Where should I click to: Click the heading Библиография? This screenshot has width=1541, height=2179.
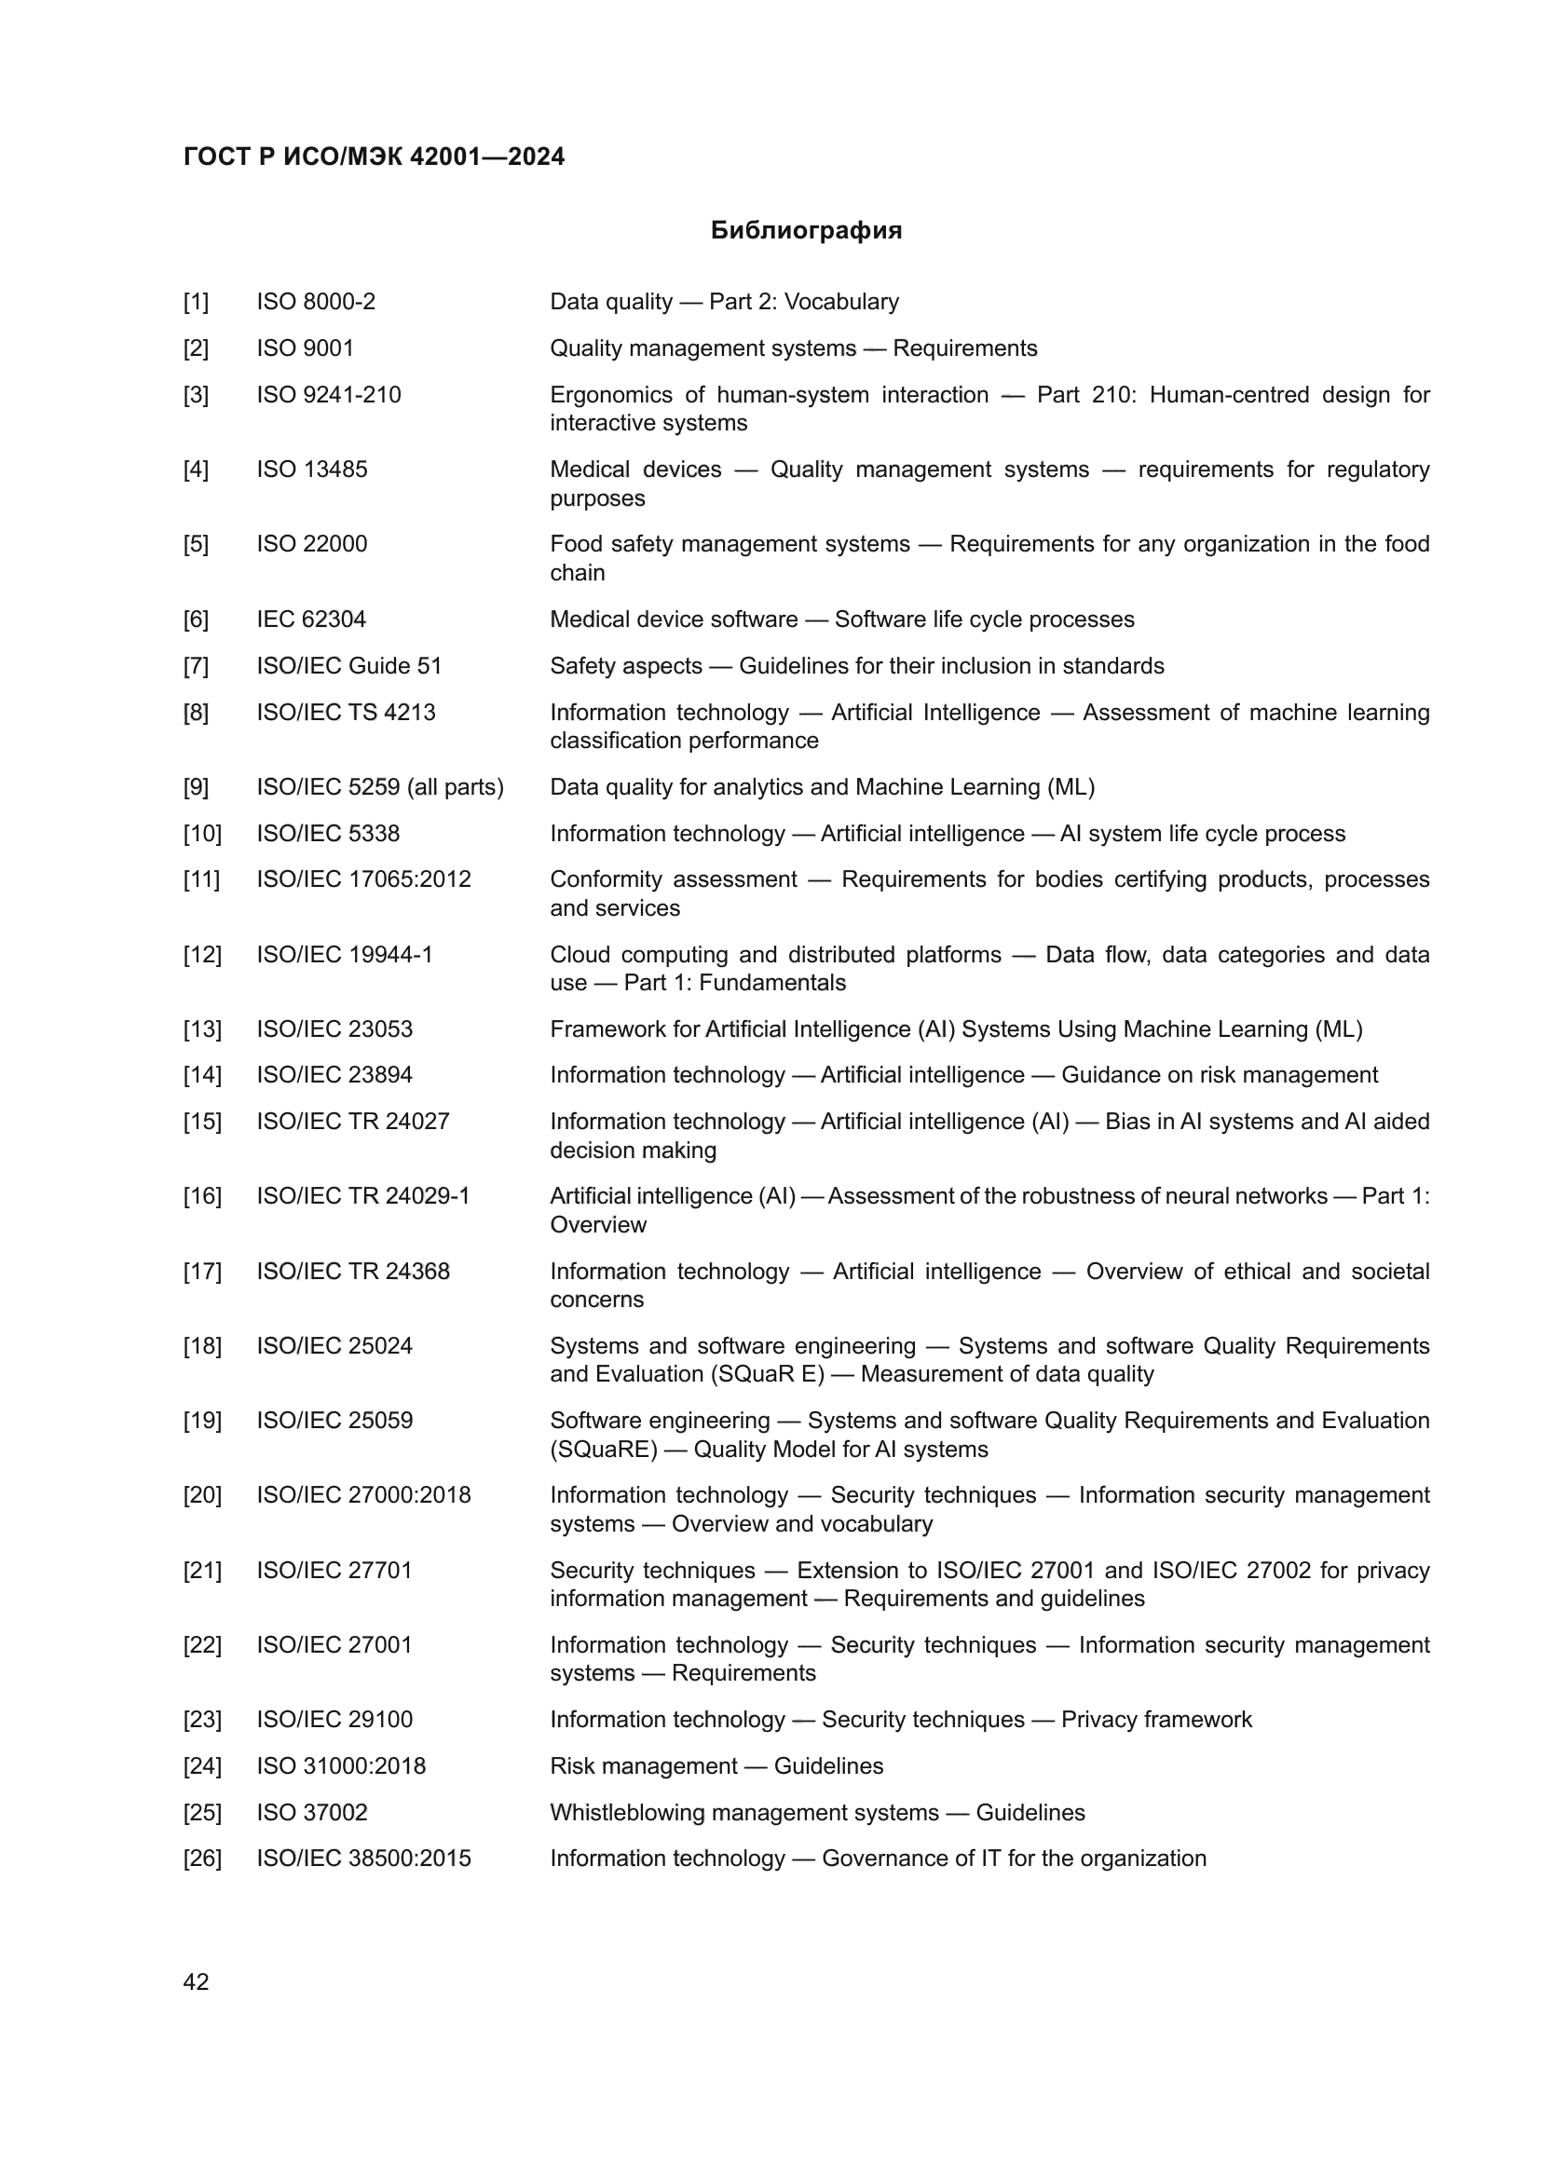[x=806, y=231]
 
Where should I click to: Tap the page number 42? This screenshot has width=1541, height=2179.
[x=196, y=1982]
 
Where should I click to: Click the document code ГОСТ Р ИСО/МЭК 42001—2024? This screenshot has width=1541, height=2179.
[x=374, y=157]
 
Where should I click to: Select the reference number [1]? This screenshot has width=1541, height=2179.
[x=196, y=302]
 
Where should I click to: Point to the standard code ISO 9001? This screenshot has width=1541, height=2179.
[x=305, y=348]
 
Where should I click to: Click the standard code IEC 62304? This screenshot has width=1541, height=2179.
[x=310, y=620]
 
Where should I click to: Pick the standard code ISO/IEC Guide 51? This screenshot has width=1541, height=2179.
[x=349, y=666]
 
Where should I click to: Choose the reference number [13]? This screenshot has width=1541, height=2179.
[x=202, y=1029]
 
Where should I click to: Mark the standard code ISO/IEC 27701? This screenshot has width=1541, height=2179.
[x=334, y=1571]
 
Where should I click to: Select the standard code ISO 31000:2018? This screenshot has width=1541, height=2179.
[x=341, y=1766]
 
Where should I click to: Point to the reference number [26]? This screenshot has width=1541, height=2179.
[x=202, y=1859]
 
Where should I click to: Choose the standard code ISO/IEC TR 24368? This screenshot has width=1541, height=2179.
[x=353, y=1272]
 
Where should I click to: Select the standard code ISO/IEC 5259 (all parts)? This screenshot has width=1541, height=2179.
[x=379, y=788]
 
